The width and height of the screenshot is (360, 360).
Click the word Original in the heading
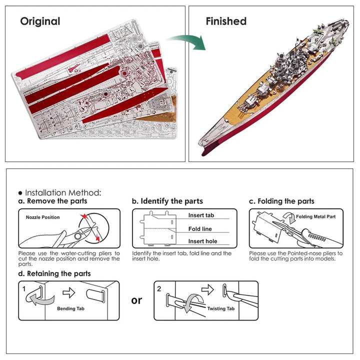[40, 21]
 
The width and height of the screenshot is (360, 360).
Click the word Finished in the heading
[226, 21]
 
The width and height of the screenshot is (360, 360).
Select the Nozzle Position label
[42, 217]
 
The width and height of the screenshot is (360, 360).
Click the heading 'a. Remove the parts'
[52, 201]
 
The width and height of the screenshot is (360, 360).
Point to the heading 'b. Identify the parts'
[167, 201]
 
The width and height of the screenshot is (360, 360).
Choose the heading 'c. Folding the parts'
[282, 201]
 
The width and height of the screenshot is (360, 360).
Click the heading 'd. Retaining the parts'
[54, 273]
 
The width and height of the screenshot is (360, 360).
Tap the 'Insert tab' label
[201, 215]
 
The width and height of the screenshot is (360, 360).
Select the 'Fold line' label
[200, 229]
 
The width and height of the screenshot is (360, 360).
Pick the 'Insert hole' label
[202, 241]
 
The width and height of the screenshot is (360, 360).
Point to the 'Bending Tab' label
[69, 308]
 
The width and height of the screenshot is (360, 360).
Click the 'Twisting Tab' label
[220, 309]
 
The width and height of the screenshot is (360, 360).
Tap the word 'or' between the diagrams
[136, 300]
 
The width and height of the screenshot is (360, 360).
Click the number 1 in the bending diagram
[23, 289]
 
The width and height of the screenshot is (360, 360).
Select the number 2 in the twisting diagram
[159, 288]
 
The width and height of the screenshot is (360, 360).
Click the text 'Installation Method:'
[62, 192]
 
